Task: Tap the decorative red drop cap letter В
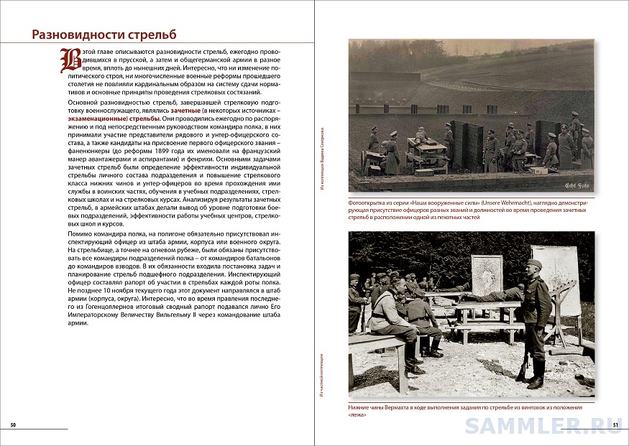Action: pos(70,61)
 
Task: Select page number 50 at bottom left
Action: pos(13,426)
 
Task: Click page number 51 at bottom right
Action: pos(615,426)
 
